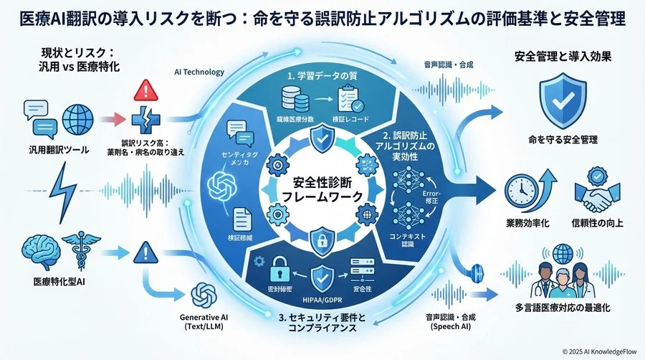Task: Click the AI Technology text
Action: click(199, 72)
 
